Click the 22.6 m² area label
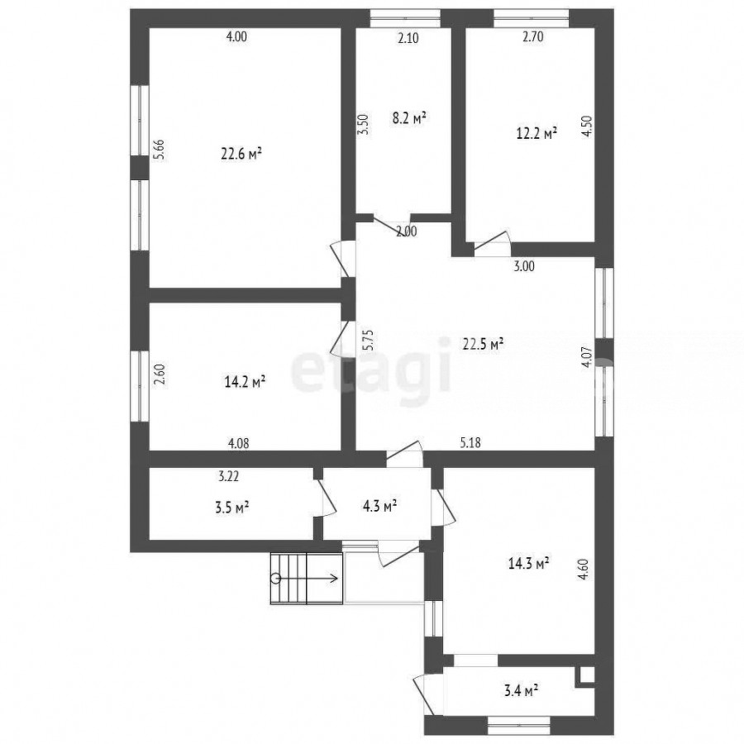241,154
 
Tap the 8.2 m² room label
409,117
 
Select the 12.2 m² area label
537,133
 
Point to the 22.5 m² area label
483,344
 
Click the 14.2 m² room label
245,381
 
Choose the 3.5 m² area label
232,508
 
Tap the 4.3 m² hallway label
379,506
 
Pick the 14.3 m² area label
529,563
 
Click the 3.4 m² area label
520,690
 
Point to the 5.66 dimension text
160,149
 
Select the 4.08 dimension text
239,443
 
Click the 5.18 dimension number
470,443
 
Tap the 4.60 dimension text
584,570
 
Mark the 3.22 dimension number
229,476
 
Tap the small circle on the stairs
275,578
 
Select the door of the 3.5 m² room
326,498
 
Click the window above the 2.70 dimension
532,18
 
